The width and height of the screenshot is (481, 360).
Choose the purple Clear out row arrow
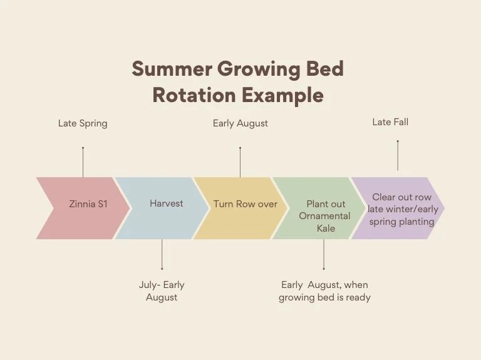[x=401, y=209]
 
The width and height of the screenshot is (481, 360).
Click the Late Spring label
[x=83, y=123]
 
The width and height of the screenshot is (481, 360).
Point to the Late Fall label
[x=390, y=122]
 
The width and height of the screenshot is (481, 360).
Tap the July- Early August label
[x=162, y=291]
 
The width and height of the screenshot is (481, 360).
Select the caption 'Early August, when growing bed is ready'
[x=324, y=291]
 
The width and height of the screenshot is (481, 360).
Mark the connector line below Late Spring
[x=83, y=162]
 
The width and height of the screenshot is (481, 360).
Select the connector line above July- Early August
[x=162, y=254]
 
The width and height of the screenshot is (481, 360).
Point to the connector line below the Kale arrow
[x=324, y=254]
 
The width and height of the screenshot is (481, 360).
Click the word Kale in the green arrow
[x=326, y=229]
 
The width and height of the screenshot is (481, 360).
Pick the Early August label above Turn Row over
[x=240, y=123]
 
